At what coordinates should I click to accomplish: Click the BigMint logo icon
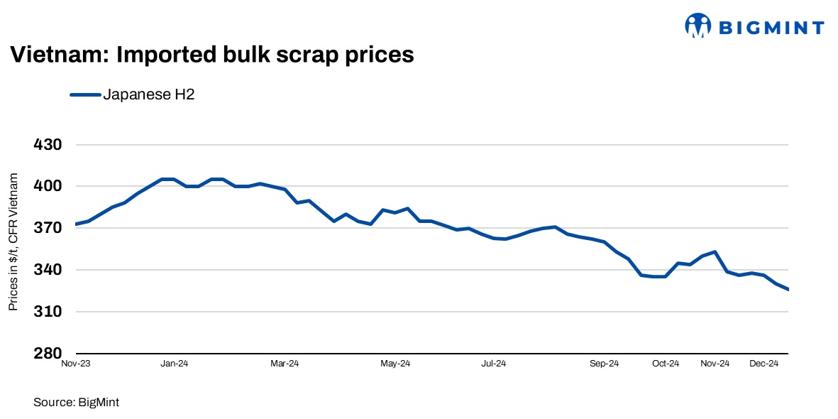coord(698,26)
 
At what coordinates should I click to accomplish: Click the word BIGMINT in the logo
coord(771,28)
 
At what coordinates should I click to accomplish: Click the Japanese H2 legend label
coord(149,94)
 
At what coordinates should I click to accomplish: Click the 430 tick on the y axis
coord(48,145)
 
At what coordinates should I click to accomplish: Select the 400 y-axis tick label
coord(48,186)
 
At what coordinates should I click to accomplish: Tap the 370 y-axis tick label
coord(48,228)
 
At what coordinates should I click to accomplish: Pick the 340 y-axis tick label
coord(48,270)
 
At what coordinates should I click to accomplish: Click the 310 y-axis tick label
coord(48,312)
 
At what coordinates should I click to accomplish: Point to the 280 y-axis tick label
coord(48,354)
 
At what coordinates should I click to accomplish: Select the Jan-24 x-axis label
coord(174,364)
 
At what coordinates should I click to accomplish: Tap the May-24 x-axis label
coord(395,364)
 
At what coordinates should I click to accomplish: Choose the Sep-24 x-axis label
coord(605,364)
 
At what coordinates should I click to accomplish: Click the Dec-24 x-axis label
coord(765,364)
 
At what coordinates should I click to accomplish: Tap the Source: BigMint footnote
coord(76,403)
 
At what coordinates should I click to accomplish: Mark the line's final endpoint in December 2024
coord(788,289)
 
